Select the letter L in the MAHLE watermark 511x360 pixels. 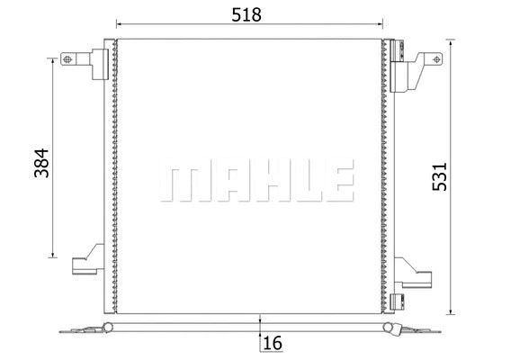(296, 180)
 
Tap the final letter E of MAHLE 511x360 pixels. (332, 180)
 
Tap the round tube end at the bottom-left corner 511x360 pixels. (108, 325)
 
